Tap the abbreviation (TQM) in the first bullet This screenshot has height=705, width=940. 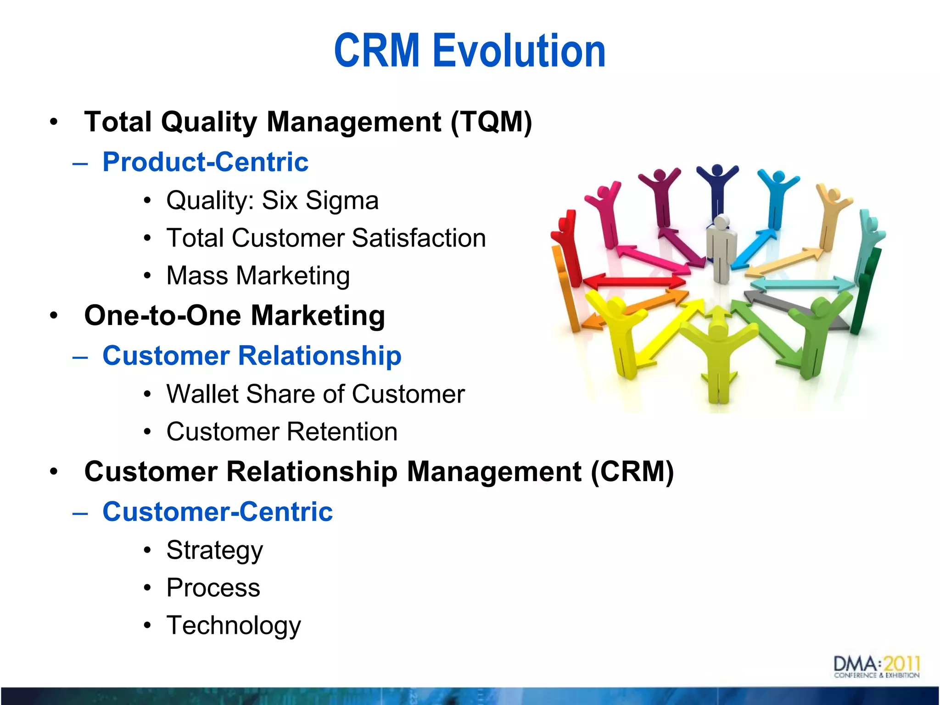[491, 122]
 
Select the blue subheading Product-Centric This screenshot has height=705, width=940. [205, 162]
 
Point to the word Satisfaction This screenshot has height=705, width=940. [419, 238]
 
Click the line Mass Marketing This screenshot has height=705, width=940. [258, 276]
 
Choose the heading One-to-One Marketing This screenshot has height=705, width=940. [234, 316]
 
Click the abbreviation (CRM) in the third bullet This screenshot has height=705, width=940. [632, 472]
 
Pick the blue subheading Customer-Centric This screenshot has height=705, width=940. [217, 512]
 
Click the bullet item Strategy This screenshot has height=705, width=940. [214, 550]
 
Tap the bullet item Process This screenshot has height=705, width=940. [213, 588]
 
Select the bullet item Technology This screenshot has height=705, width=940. [233, 626]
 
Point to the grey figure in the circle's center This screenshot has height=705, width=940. [721, 248]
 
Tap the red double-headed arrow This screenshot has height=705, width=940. [636, 281]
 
